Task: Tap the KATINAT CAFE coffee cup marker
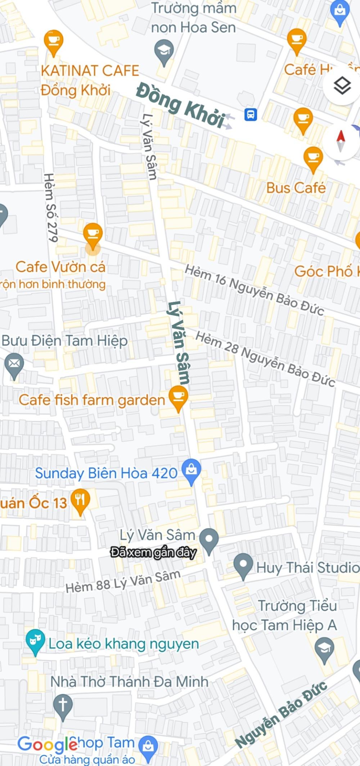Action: point(53,41)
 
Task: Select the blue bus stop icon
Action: point(251,115)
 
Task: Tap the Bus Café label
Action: point(296,188)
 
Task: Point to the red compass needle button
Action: point(341,141)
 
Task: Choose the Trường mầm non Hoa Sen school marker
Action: point(164,51)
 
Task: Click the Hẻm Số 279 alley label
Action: point(51,207)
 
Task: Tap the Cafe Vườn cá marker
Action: point(93,234)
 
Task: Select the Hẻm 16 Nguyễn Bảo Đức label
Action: point(254,294)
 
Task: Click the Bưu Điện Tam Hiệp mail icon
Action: point(14,364)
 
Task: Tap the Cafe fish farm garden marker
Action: point(178,397)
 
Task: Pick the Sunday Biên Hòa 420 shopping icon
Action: point(191,470)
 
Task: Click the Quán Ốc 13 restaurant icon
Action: point(80,500)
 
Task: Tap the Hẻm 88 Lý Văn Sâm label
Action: point(123,581)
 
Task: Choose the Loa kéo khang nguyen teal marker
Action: point(35,641)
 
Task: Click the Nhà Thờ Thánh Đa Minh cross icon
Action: point(63,705)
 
